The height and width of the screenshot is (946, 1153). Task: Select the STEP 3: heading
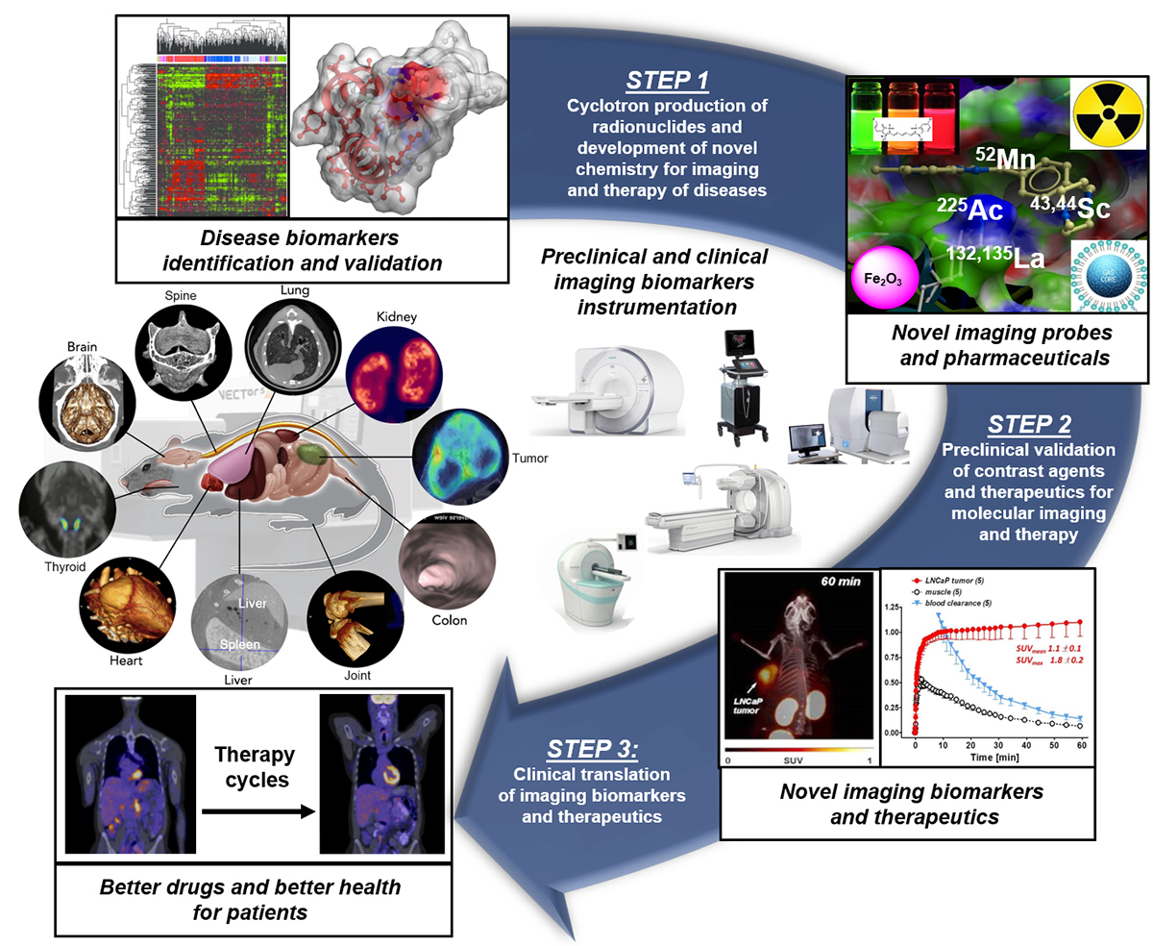pos(586,748)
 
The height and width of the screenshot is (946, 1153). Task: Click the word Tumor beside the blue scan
pos(527,459)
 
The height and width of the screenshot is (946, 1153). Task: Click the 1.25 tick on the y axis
pos(895,609)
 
